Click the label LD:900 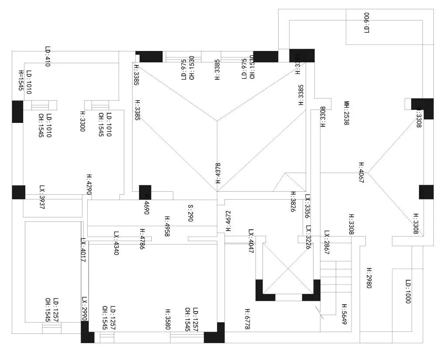[x=367, y=23]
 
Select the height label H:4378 [x=218, y=173]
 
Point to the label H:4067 [x=361, y=173]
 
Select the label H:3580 [x=168, y=319]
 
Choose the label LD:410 [x=48, y=57]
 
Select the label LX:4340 [x=116, y=243]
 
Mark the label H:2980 [x=368, y=278]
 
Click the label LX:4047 [x=251, y=241]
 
